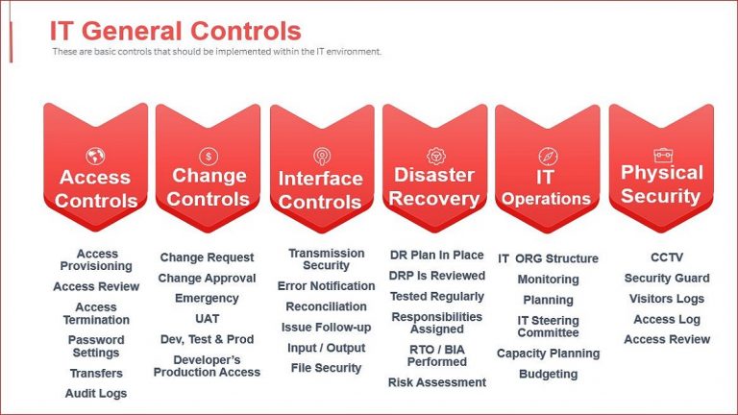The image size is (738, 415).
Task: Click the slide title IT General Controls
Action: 175,32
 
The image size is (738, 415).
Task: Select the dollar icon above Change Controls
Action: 209,156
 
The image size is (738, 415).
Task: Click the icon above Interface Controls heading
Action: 321,156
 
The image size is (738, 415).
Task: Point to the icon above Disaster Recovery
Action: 434,155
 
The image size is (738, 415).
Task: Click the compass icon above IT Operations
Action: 547,156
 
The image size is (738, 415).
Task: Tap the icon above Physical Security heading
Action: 661,154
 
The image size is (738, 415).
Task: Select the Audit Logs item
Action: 95,393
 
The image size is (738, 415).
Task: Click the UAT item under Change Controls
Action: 207,319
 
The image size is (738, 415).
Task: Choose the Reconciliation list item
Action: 326,306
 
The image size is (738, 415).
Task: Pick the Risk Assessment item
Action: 437,382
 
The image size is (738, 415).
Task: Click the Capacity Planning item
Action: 548,354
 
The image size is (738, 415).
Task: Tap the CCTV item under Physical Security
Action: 666,257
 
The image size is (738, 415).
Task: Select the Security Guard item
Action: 666,278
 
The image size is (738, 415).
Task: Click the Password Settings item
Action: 95,346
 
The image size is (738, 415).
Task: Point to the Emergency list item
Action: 207,299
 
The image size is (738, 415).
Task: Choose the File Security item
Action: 326,368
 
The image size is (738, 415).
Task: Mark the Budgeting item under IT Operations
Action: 548,374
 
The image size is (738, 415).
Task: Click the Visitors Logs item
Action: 666,299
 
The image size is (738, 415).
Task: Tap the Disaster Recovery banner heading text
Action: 434,187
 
